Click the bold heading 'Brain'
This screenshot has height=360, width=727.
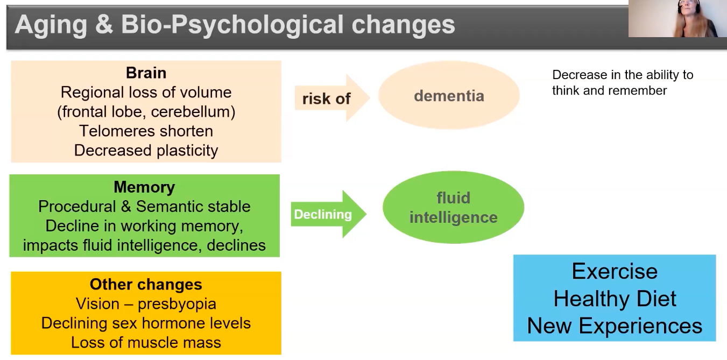[146, 73]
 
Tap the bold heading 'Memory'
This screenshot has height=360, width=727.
[144, 187]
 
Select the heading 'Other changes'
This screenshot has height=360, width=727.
[146, 285]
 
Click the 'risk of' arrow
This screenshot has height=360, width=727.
[332, 98]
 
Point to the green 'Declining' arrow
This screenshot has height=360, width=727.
[328, 214]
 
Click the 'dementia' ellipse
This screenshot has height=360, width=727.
[449, 95]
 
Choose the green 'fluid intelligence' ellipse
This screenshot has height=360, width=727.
[454, 207]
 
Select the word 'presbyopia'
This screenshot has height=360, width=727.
[177, 305]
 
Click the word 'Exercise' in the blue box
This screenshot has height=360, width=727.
[615, 271]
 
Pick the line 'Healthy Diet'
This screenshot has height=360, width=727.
[615, 299]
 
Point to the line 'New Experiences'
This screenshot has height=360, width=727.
[615, 326]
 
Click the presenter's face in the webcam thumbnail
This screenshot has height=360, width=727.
[688, 10]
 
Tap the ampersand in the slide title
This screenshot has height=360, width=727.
[104, 25]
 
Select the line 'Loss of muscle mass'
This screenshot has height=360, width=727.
[146, 343]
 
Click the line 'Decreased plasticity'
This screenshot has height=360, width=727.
[146, 151]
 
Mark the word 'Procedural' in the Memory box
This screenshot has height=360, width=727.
[77, 207]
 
